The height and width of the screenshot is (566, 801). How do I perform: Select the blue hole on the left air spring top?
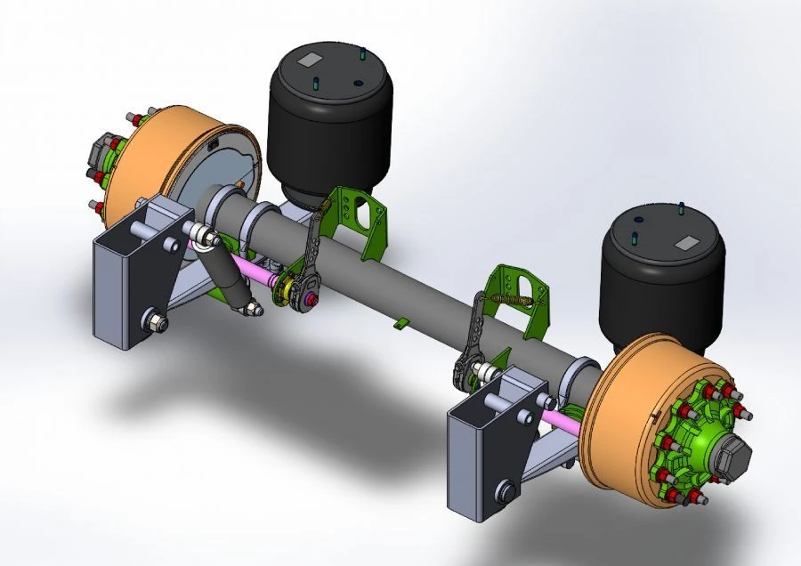point(358,84)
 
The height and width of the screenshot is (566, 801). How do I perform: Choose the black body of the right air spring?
point(659,294)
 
